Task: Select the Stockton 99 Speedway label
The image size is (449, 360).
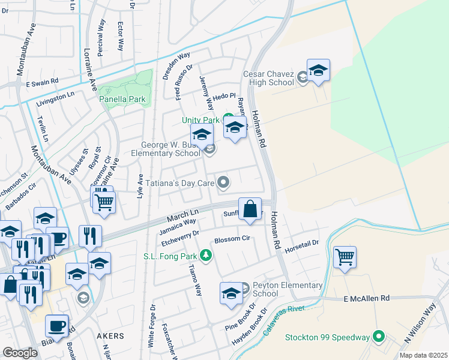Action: (327, 337)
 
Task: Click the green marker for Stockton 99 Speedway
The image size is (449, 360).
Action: (379, 337)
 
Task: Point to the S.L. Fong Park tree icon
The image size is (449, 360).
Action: (206, 256)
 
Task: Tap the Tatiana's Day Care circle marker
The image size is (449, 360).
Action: (223, 182)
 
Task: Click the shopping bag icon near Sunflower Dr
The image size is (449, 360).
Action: (250, 209)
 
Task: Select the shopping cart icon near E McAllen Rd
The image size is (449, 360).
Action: (345, 257)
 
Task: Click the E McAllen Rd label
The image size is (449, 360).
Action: (367, 298)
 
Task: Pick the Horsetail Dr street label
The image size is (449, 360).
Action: (301, 246)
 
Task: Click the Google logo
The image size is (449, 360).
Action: (20, 353)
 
